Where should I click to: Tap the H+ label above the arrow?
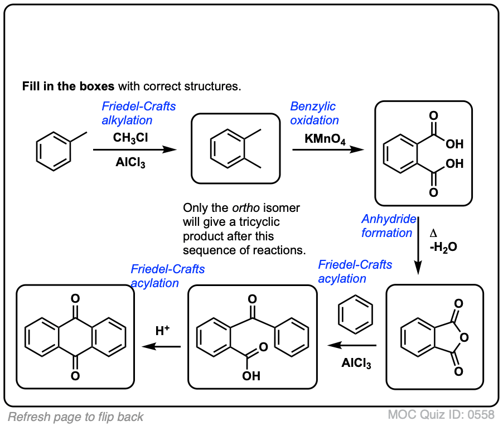point(162,331)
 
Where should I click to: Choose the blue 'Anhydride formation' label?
point(387,226)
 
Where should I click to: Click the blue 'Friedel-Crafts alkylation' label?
point(138,113)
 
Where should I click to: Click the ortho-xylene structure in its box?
point(235,148)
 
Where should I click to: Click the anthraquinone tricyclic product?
point(75,337)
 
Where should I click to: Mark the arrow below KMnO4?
point(328,149)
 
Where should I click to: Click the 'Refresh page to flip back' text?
point(75,417)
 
